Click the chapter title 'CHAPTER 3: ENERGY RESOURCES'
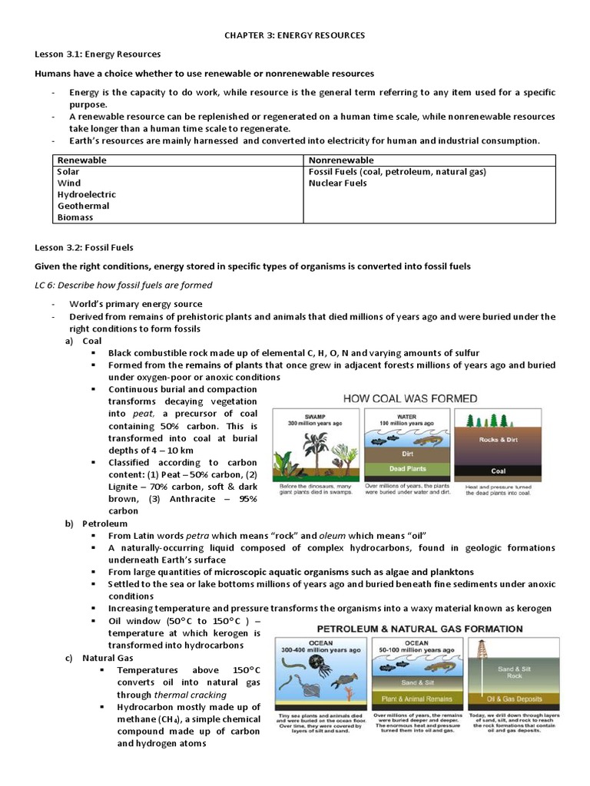295,35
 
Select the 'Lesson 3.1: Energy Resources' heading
98,54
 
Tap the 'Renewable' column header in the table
82,160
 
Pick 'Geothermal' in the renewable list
84,206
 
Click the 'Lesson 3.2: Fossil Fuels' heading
85,247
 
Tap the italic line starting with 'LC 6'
124,285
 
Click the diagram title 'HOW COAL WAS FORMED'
409,398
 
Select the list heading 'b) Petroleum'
101,523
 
